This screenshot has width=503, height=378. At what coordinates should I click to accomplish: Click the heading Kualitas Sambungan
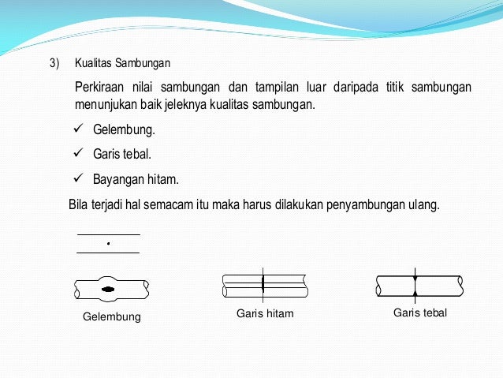click(122, 62)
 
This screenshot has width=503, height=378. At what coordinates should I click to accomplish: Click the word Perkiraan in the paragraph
click(101, 86)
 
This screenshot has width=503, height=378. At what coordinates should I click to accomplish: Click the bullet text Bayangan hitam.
click(136, 179)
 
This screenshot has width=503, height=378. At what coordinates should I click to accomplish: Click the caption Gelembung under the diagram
click(111, 317)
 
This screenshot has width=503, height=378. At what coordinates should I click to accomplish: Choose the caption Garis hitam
click(265, 313)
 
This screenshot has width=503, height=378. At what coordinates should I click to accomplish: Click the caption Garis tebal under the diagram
click(419, 313)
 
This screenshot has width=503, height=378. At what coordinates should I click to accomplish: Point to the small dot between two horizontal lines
click(108, 244)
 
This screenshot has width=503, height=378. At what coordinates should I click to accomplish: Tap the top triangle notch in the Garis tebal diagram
click(415, 279)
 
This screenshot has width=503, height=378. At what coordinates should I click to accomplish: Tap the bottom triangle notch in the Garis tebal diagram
click(415, 294)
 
